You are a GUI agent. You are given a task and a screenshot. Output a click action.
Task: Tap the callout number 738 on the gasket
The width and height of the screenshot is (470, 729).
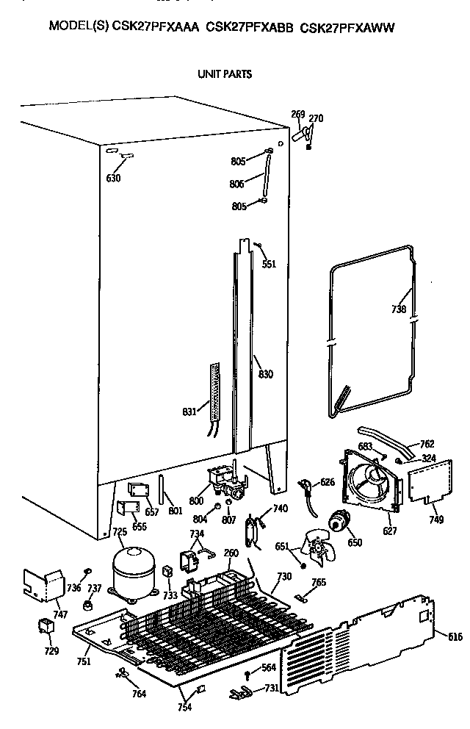[398, 309]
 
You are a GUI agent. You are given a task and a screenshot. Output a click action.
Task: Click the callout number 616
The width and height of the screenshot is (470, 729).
[455, 637]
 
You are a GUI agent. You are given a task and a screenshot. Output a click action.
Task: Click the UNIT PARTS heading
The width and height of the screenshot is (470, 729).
[224, 73]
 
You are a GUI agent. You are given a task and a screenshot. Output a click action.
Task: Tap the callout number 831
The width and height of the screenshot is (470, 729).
[189, 412]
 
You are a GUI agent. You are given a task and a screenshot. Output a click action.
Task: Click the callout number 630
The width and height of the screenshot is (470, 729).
[113, 178]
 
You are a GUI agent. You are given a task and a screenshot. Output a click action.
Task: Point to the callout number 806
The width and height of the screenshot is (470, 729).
[237, 184]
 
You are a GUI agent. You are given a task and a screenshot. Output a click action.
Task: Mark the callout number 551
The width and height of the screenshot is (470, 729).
[270, 264]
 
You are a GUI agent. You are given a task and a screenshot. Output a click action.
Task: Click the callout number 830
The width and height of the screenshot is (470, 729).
[265, 374]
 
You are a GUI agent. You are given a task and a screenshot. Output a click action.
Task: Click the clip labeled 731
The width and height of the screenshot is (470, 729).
[239, 692]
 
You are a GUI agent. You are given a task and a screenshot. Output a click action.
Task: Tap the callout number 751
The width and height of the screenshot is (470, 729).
[83, 661]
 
